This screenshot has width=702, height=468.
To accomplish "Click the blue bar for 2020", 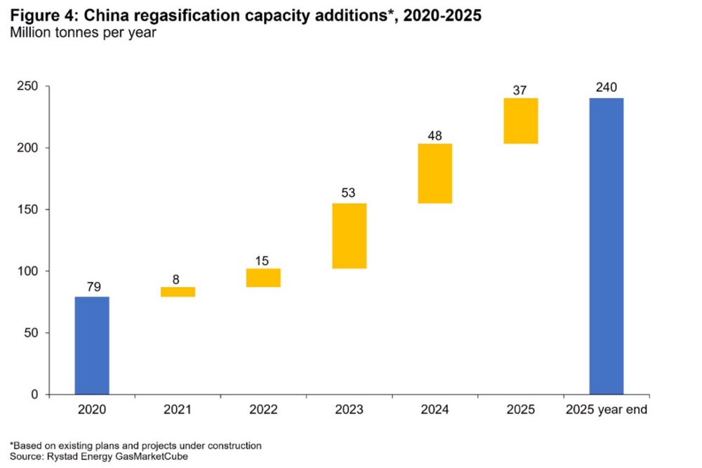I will [x=92, y=345].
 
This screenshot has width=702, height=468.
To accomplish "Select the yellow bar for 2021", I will [x=178, y=292].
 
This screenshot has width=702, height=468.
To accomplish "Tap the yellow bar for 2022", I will [x=263, y=278].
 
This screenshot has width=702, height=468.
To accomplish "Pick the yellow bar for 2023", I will [x=350, y=236].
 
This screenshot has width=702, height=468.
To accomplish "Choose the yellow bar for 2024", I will [x=435, y=173].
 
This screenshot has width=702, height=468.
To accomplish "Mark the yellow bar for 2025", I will [x=521, y=121].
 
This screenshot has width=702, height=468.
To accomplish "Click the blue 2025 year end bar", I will [x=607, y=246].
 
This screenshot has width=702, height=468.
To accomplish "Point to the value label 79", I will [x=92, y=286].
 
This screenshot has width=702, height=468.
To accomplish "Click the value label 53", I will [x=350, y=193].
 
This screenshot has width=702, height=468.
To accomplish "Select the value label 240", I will [x=607, y=88].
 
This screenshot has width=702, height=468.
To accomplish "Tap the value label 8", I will [x=178, y=276].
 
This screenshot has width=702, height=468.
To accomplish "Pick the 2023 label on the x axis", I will [x=350, y=409].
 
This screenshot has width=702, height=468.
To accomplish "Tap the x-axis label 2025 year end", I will [x=607, y=409].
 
